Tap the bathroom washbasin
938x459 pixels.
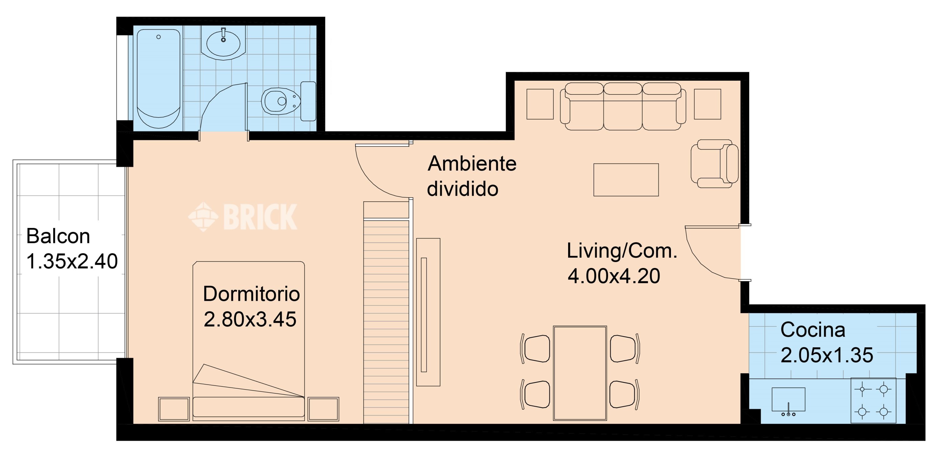click(x=223, y=43)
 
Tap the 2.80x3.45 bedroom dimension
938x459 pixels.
click(x=250, y=319)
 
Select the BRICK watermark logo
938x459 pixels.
click(x=243, y=217)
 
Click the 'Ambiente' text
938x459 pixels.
click(x=472, y=164)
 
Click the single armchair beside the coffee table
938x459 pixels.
click(x=714, y=164)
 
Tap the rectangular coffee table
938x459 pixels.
click(x=626, y=180)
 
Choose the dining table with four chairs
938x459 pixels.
click(x=580, y=373)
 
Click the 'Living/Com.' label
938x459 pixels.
click(x=622, y=251)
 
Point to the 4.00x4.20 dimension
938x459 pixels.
click(x=614, y=276)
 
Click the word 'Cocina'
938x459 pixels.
click(x=813, y=330)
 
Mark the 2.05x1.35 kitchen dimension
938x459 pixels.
click(x=827, y=355)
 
